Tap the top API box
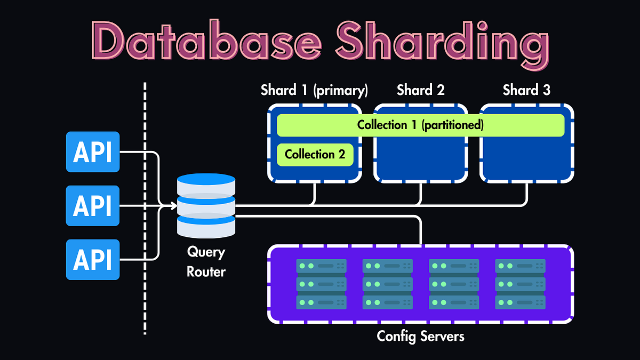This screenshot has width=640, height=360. (x=93, y=152)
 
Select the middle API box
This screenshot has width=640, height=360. (x=93, y=205)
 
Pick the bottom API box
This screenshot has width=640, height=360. (x=93, y=260)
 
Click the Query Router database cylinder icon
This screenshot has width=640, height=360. (x=206, y=205)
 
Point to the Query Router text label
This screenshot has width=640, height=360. (x=206, y=261)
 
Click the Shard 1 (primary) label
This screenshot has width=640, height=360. (x=314, y=90)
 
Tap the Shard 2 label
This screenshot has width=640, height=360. (x=420, y=90)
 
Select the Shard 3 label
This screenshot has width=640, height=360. (x=526, y=90)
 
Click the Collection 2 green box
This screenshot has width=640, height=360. (x=315, y=155)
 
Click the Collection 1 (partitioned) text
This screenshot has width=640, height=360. (x=420, y=125)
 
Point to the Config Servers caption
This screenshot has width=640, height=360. (x=420, y=337)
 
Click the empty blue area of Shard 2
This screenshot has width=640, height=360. (x=420, y=157)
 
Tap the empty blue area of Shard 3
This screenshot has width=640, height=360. (x=527, y=157)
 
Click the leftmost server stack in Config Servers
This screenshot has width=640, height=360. (x=321, y=284)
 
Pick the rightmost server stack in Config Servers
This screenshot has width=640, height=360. (x=520, y=284)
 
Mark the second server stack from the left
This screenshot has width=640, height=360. (x=387, y=284)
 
